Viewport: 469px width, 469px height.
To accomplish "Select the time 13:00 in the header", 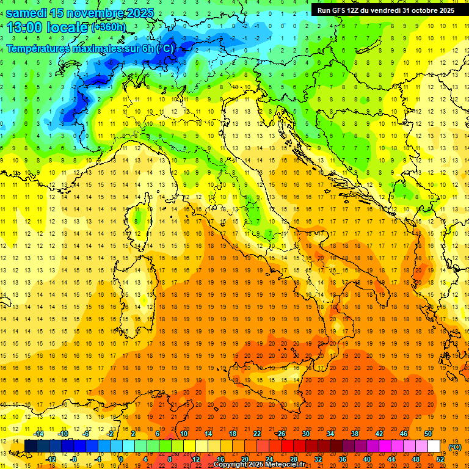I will click(x=25, y=27).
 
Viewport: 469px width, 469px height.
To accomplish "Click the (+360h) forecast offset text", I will click(x=109, y=27).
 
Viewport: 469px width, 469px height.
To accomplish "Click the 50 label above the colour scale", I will click(x=427, y=434).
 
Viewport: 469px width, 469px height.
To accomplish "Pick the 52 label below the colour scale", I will click(x=440, y=459).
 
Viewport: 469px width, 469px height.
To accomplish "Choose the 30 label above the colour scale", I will click(x=305, y=434).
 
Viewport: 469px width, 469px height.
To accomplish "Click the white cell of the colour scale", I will click(x=434, y=446).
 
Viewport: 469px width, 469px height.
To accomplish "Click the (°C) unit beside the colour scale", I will click(x=455, y=447).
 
